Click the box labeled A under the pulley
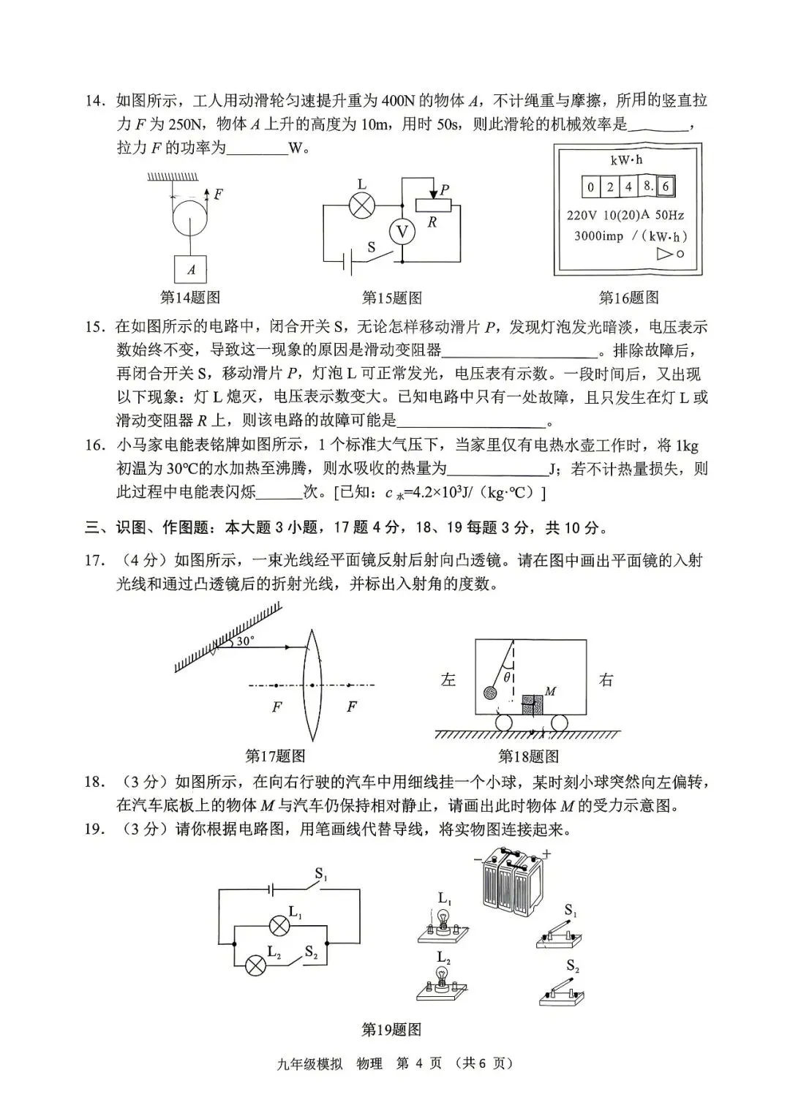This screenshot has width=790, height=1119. click(190, 269)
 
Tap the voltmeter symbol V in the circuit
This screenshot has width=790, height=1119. click(401, 232)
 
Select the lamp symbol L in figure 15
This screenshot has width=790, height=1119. click(361, 206)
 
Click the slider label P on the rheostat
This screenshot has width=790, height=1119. click(444, 189)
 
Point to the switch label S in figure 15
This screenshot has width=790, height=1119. click(372, 247)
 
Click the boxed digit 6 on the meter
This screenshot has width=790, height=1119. click(665, 186)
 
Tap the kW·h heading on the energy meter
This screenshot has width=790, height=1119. click(627, 159)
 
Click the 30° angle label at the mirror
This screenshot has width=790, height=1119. click(245, 641)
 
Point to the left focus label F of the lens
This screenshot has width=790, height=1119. click(276, 707)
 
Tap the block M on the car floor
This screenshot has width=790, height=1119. click(533, 704)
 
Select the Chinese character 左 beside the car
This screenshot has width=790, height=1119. click(448, 679)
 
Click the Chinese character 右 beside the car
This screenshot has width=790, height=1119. click(606, 679)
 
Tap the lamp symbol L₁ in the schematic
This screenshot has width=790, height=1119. click(278, 925)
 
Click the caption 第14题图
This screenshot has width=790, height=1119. click(189, 298)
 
